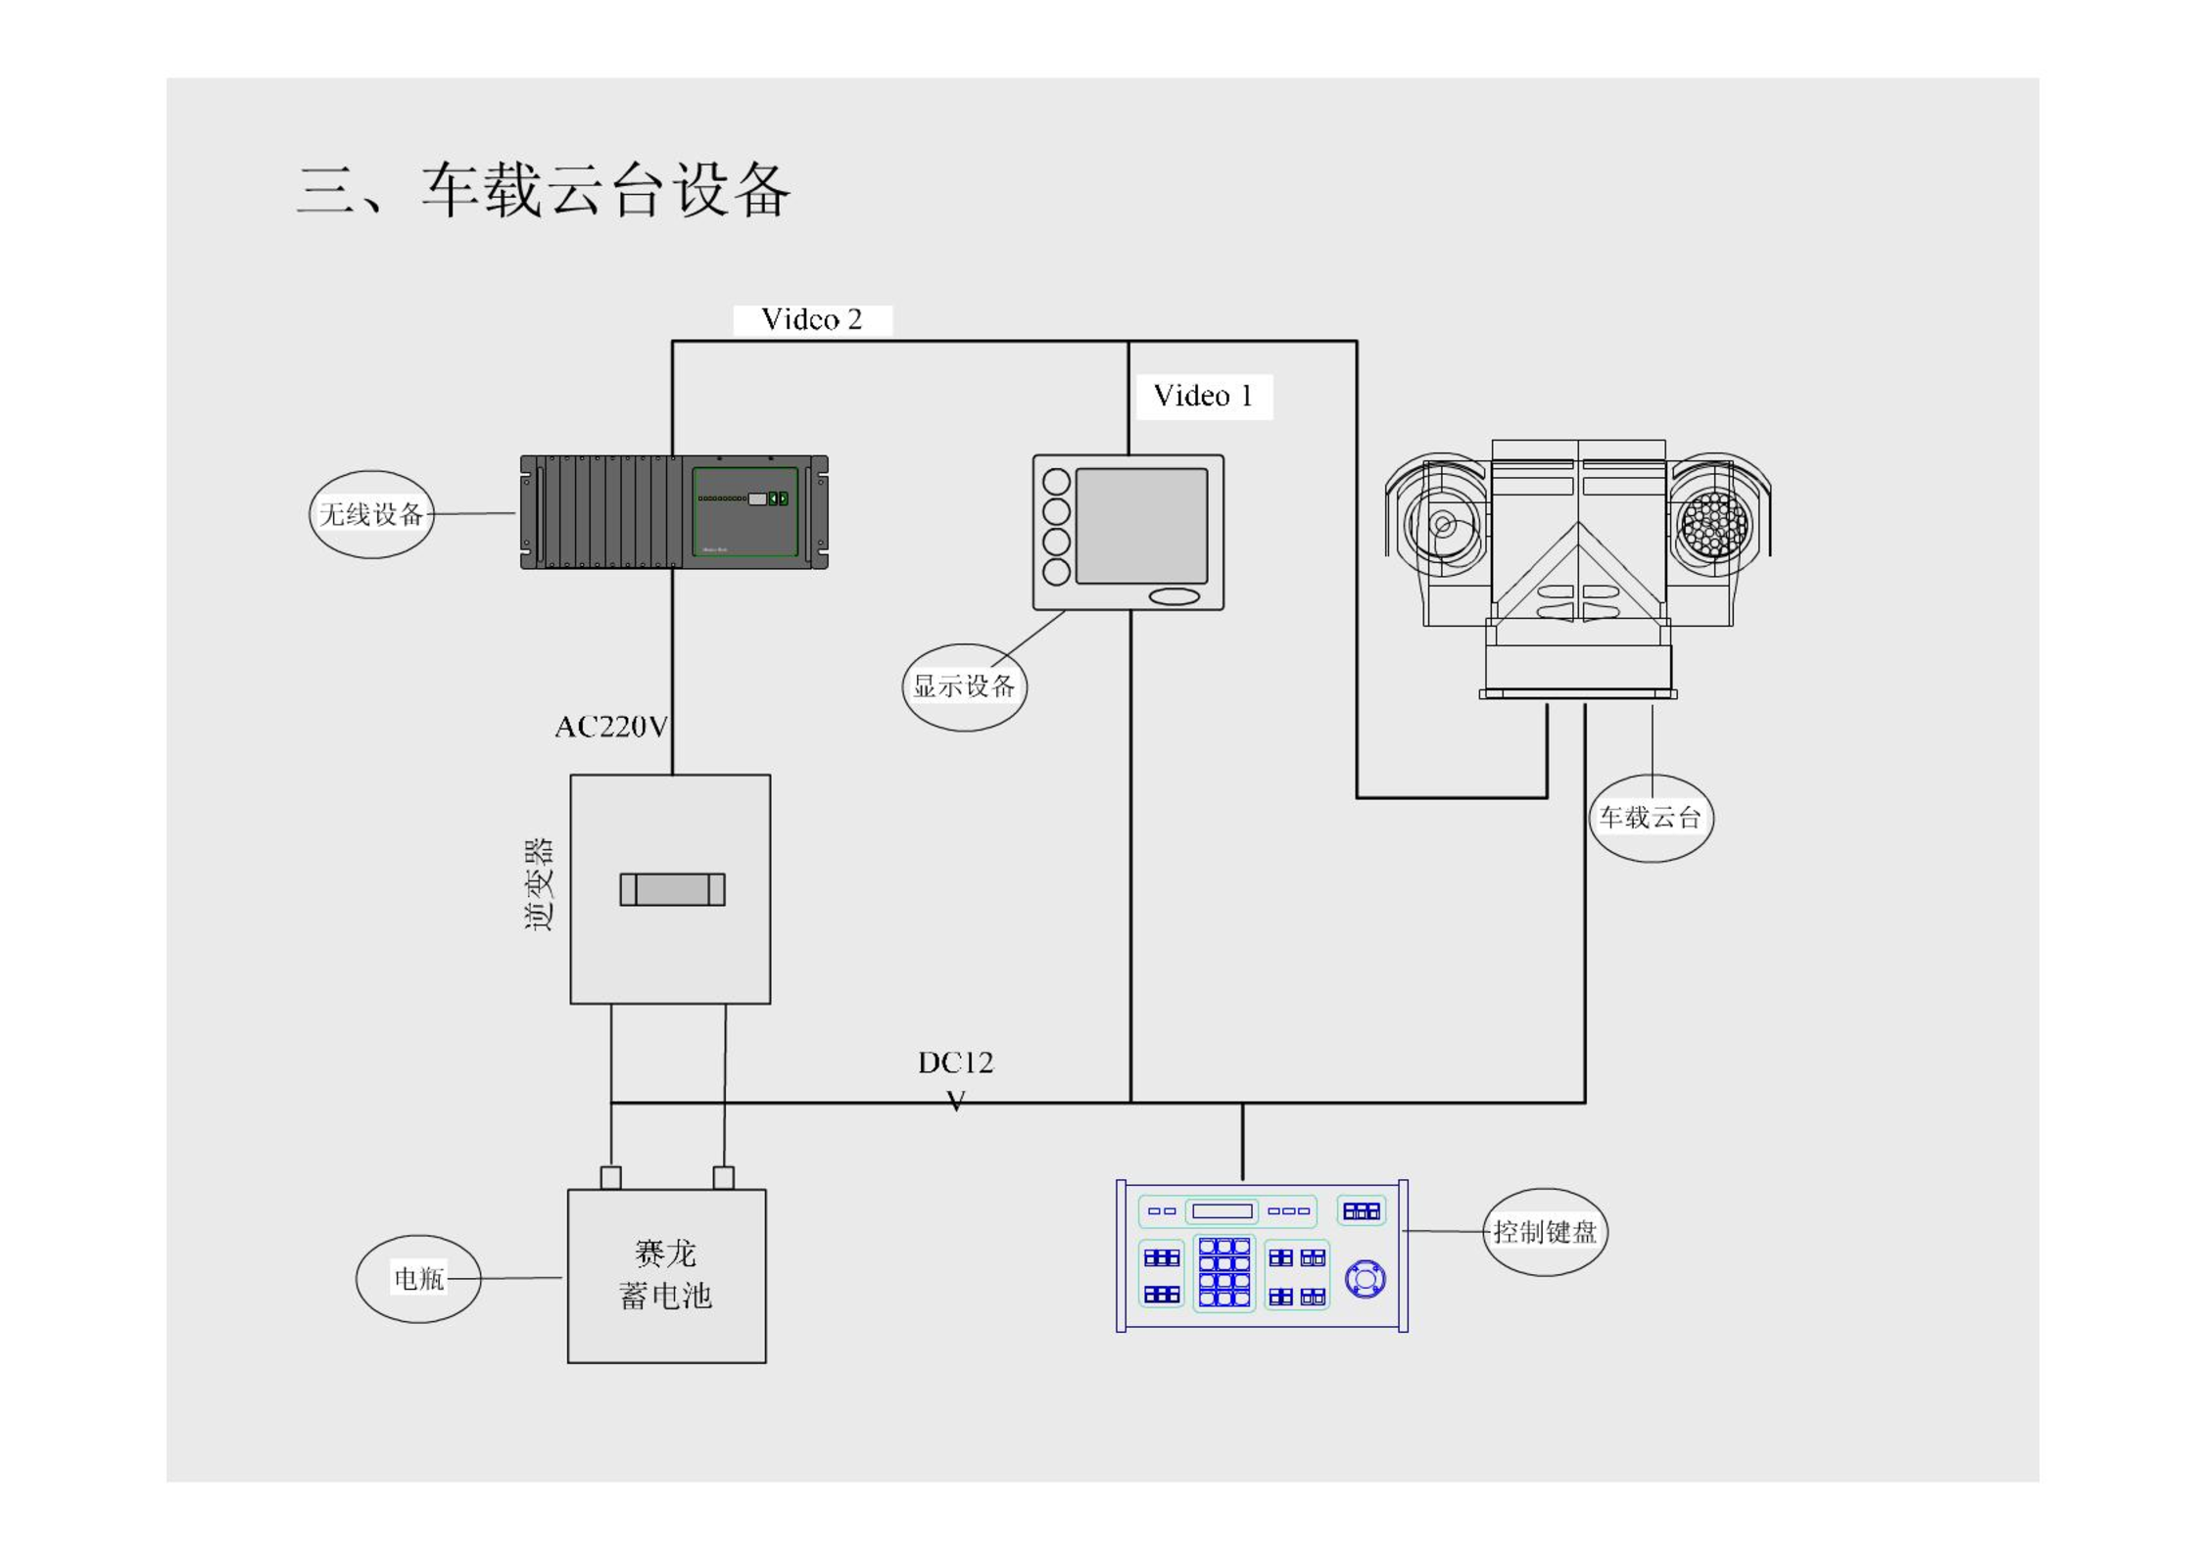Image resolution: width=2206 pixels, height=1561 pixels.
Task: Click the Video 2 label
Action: point(811,319)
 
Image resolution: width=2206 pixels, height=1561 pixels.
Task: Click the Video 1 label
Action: point(1202,396)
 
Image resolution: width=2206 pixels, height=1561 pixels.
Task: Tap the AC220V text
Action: point(611,727)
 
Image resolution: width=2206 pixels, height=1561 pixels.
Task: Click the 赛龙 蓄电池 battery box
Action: point(666,1276)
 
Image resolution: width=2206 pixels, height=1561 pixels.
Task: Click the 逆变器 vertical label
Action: point(538,884)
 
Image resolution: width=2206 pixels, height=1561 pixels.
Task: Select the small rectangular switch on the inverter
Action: point(672,889)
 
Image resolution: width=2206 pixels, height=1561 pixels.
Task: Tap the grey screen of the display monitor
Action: point(1141,526)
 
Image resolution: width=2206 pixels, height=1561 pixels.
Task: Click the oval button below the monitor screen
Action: point(1174,596)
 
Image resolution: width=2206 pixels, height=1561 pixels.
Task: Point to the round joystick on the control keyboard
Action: point(1365,1279)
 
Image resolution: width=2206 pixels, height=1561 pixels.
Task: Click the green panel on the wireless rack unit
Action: point(745,512)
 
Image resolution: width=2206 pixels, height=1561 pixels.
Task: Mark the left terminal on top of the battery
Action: point(610,1177)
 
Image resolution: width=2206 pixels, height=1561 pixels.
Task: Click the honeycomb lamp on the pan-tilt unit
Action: point(1713,525)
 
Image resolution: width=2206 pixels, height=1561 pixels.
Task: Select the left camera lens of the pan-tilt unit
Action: point(1441,524)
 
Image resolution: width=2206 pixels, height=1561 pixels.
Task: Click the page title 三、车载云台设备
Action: point(544,189)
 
